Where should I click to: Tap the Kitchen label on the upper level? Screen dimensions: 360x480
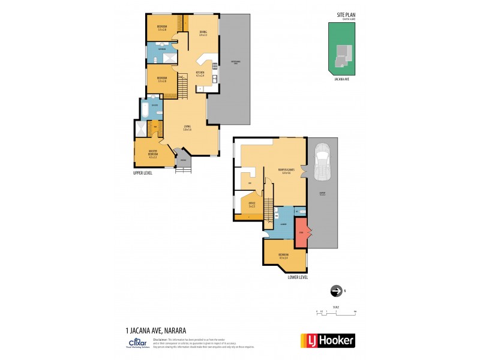pyautogui.click(x=200, y=74)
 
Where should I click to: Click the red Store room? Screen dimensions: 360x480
pyautogui.click(x=302, y=232)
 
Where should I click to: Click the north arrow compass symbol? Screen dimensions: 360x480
pyautogui.click(x=337, y=291)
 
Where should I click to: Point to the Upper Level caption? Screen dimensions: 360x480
pyautogui.click(x=143, y=172)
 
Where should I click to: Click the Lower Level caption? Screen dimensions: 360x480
pyautogui.click(x=298, y=278)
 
